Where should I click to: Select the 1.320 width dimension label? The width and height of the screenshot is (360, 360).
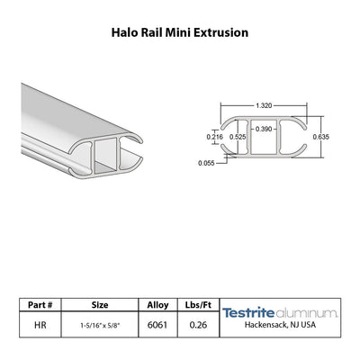click(264, 105)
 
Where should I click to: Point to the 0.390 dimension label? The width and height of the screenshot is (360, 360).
click(264, 129)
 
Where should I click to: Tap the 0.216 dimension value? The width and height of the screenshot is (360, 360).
click(215, 137)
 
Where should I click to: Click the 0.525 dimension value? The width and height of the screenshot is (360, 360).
click(238, 137)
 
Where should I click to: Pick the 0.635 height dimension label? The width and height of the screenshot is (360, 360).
click(321, 137)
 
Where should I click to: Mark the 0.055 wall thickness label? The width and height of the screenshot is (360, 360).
click(206, 163)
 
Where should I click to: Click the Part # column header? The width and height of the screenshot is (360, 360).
click(40, 305)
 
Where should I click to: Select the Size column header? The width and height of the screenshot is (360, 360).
click(100, 305)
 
